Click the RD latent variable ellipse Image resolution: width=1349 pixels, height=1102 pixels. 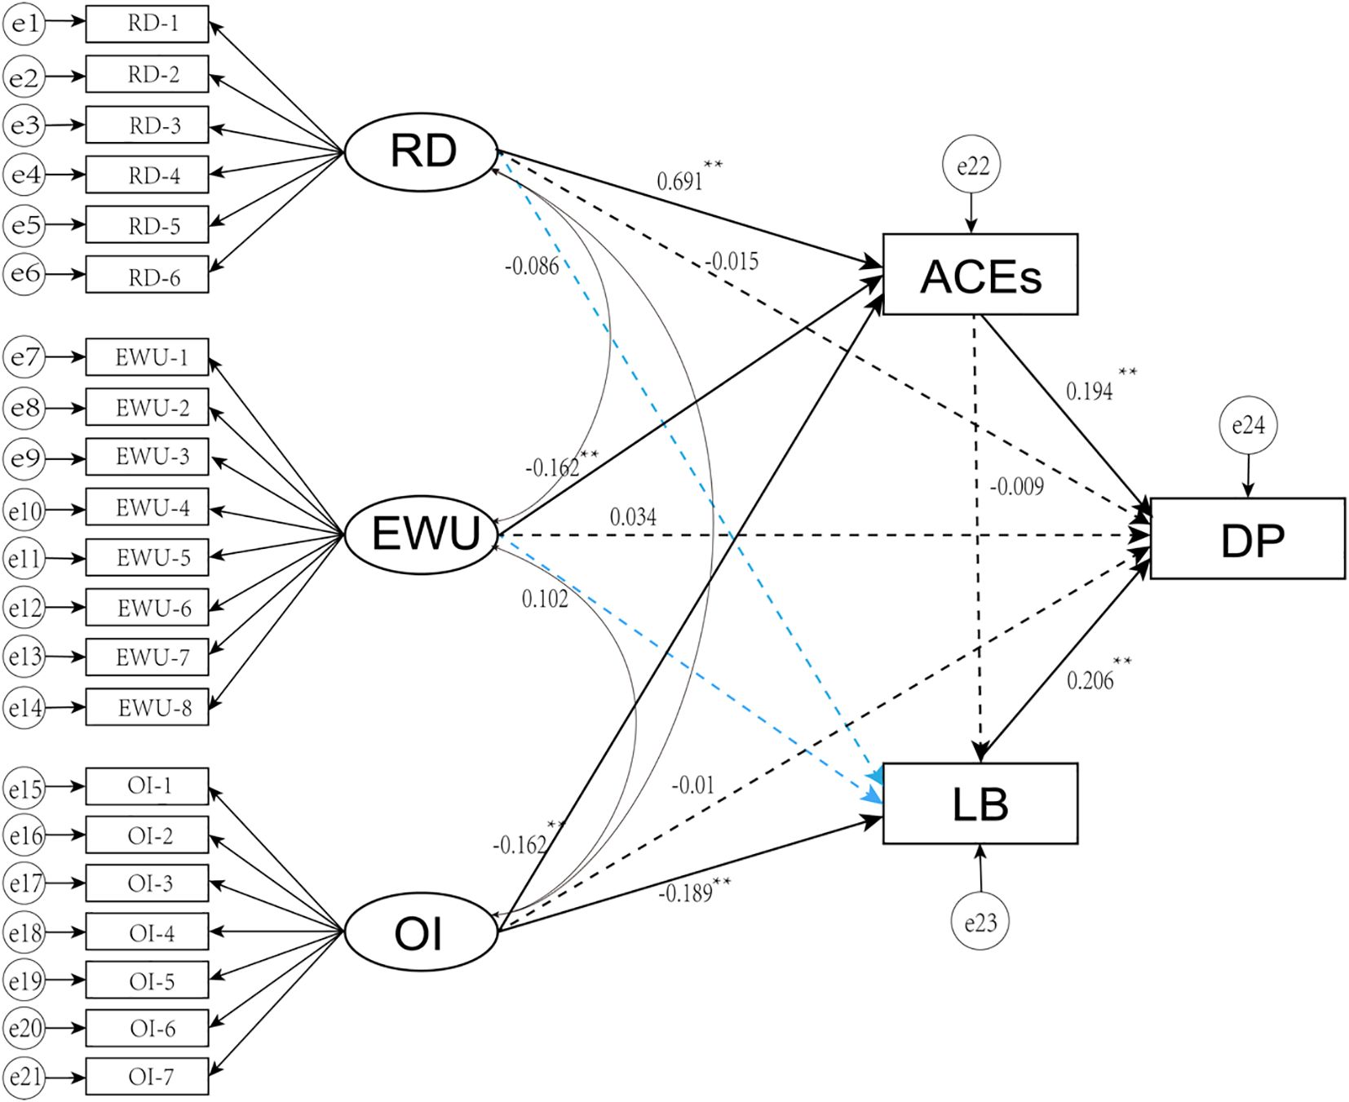tap(421, 152)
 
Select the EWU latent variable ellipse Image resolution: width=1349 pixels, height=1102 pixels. tap(421, 535)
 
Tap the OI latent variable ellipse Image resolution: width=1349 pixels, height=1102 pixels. tap(421, 932)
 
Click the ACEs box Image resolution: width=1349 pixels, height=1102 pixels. tap(980, 275)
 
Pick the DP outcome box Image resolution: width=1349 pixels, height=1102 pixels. tap(1247, 538)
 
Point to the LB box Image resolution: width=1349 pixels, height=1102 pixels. tap(980, 803)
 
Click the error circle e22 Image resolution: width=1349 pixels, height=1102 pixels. tap(971, 166)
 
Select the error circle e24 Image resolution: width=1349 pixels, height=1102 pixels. tap(1248, 425)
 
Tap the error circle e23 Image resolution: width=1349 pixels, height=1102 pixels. tap(980, 923)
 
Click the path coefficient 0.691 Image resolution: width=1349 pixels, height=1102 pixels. tap(679, 180)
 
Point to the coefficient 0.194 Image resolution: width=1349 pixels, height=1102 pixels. tap(1089, 392)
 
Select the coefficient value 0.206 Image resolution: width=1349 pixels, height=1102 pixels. tap(1090, 680)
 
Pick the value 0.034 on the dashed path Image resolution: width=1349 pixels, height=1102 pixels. tap(633, 517)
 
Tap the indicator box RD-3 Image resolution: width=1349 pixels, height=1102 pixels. tap(148, 126)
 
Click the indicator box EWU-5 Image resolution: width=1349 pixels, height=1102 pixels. tap(148, 558)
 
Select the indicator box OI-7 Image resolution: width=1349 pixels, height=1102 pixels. tap(148, 1077)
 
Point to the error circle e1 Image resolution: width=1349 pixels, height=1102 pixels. tap(24, 24)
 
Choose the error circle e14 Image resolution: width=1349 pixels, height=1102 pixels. tap(24, 707)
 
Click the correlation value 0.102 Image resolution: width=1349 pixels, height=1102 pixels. tap(545, 600)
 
